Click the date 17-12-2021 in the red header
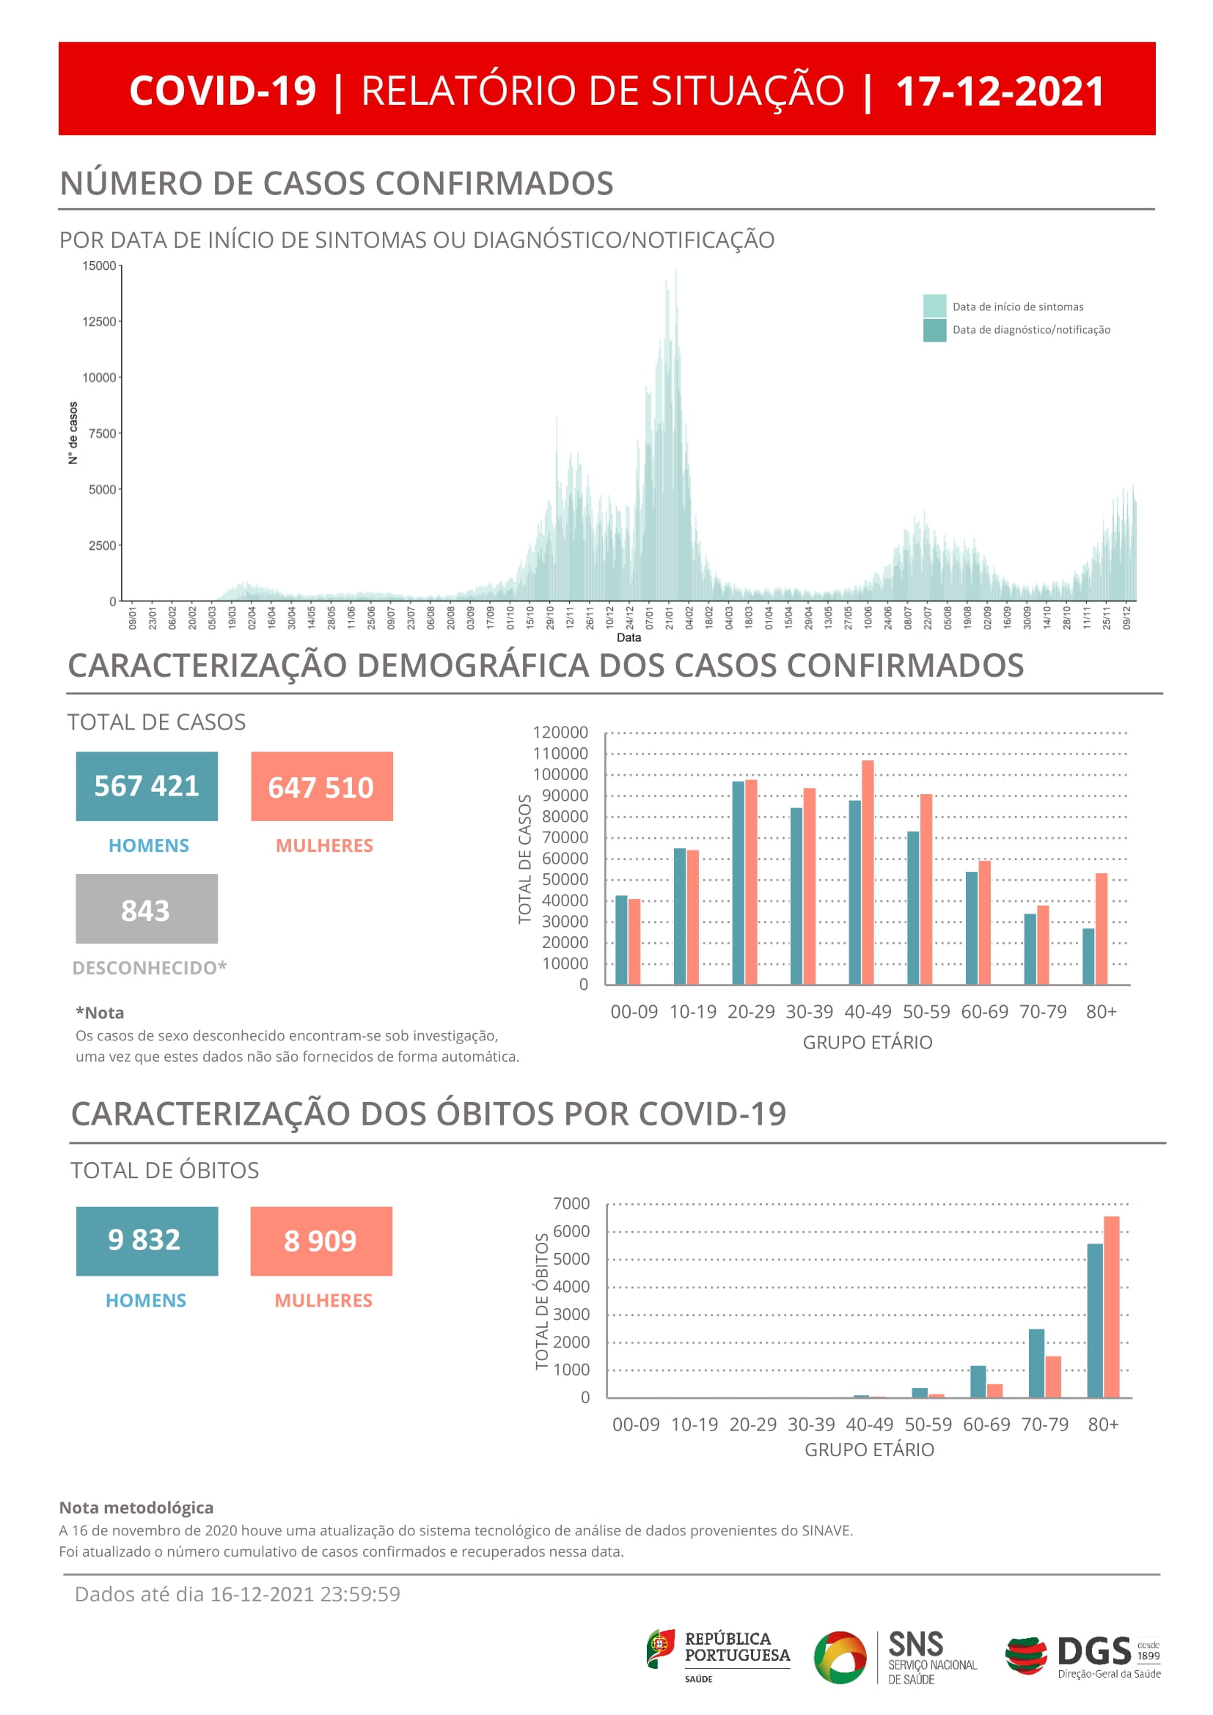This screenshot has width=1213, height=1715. pyautogui.click(x=1000, y=91)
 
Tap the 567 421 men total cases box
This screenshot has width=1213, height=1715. pyautogui.click(x=147, y=787)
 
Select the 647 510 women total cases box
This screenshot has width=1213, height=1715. pyautogui.click(x=322, y=787)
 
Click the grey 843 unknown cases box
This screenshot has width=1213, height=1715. pyautogui.click(x=147, y=909)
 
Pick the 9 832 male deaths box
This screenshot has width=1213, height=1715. pyautogui.click(x=147, y=1241)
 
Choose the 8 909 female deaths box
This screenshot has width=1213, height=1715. pyautogui.click(x=321, y=1241)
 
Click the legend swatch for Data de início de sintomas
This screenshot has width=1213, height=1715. pyautogui.click(x=934, y=306)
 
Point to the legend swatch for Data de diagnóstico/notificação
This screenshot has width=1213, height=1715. pyautogui.click(x=934, y=330)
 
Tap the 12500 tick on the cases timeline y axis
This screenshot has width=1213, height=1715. pyautogui.click(x=99, y=322)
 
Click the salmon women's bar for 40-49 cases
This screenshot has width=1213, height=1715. pyautogui.click(x=868, y=873)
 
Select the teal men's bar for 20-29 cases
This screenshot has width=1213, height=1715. pyautogui.click(x=739, y=883)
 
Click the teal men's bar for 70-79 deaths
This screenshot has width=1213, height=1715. pyautogui.click(x=1037, y=1363)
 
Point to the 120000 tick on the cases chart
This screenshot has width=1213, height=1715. pyautogui.click(x=560, y=732)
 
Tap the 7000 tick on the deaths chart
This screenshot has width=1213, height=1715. pyautogui.click(x=571, y=1204)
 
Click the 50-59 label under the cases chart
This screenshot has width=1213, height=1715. pyautogui.click(x=926, y=1012)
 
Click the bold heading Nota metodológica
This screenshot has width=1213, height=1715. pyautogui.click(x=136, y=1508)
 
